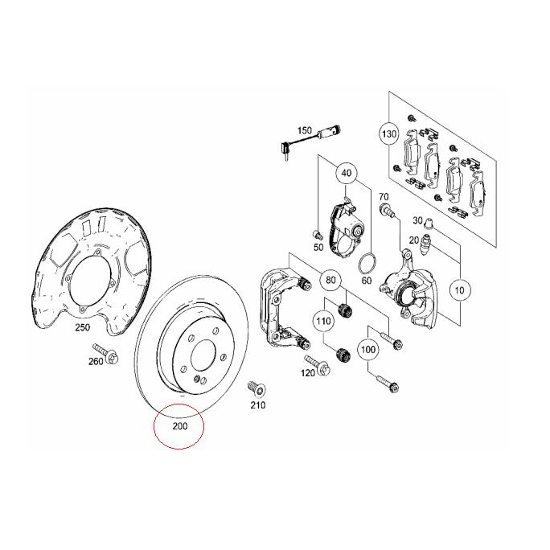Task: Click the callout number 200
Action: [179, 425]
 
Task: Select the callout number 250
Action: [82, 327]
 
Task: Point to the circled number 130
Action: [389, 133]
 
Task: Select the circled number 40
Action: [347, 173]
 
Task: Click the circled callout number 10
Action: [460, 290]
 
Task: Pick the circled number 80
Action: [330, 281]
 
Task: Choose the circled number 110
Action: [323, 322]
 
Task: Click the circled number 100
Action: [367, 351]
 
